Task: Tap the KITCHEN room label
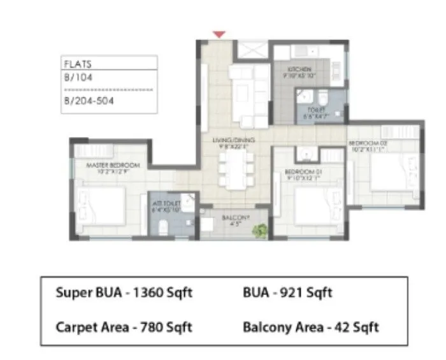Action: (x=298, y=68)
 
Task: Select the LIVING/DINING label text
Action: (x=234, y=139)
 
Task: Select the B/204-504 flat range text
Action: (x=89, y=101)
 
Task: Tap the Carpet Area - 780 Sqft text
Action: (x=124, y=327)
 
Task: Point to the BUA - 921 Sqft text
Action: (x=287, y=293)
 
